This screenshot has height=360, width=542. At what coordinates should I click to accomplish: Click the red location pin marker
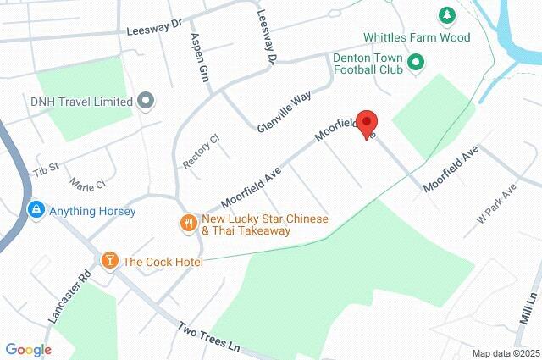[x=367, y=124]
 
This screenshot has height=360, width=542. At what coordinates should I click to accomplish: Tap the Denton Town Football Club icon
[x=415, y=63]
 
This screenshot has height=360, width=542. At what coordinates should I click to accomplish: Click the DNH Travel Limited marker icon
[x=146, y=102]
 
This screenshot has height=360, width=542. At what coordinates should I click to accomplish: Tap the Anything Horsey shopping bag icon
[x=36, y=210]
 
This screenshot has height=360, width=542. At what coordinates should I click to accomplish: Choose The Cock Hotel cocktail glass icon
[x=108, y=261]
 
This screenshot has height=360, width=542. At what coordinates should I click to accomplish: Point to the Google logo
[x=28, y=350]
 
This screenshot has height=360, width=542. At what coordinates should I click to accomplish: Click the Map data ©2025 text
[x=506, y=353]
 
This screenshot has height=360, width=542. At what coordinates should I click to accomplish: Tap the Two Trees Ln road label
[x=210, y=336]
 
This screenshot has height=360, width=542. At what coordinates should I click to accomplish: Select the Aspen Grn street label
[x=201, y=53]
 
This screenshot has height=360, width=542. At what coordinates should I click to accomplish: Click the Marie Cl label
[x=89, y=183]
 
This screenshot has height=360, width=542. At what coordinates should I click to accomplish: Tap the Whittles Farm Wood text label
[x=417, y=37]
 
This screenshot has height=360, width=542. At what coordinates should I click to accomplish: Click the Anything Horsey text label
[x=92, y=211]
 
